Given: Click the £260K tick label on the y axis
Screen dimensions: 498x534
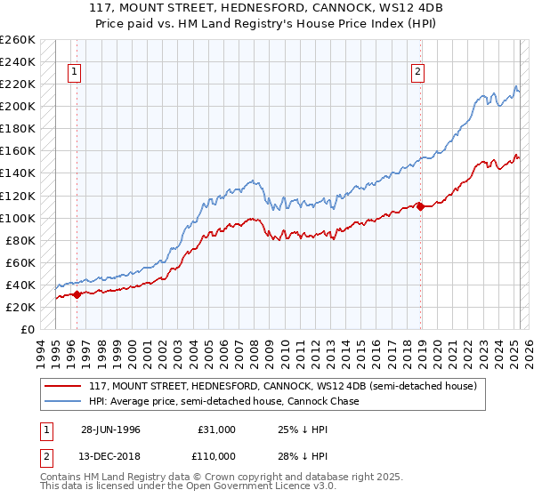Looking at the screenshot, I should [x=18, y=40].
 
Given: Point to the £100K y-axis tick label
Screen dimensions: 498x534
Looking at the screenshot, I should [x=18, y=218].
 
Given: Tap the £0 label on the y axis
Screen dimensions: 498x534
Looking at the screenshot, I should [x=27, y=329].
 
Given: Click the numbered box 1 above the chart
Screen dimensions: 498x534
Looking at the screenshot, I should [x=74, y=74].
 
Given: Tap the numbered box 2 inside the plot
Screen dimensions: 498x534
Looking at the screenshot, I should [x=417, y=74].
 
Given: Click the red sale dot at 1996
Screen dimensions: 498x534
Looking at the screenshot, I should [x=77, y=294].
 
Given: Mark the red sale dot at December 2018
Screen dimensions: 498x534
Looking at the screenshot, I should [x=421, y=206].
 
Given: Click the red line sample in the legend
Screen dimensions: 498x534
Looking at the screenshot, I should [x=63, y=386].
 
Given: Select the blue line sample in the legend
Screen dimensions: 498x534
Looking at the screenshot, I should [x=63, y=401].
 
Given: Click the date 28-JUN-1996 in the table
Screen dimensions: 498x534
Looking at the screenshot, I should [x=111, y=429].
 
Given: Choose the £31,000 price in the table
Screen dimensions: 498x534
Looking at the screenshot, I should [x=217, y=429].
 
